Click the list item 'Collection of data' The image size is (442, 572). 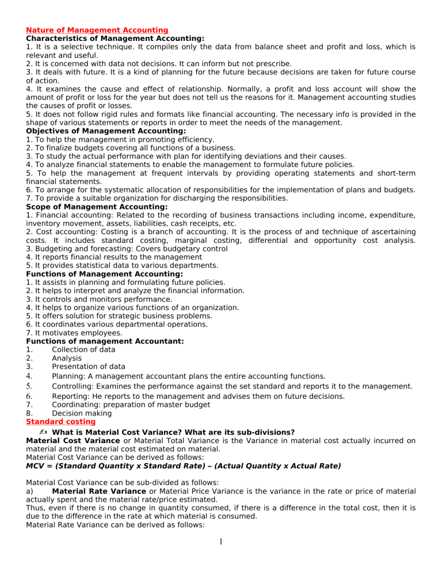coord(83,349)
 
